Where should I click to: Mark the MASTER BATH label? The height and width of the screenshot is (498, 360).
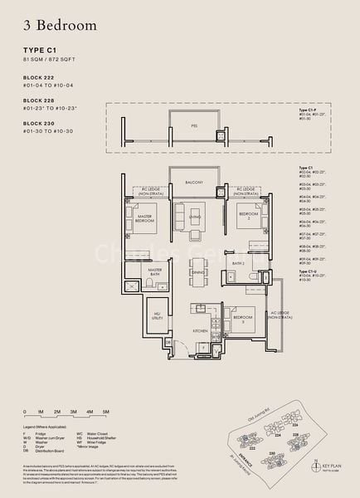pos(154,271)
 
